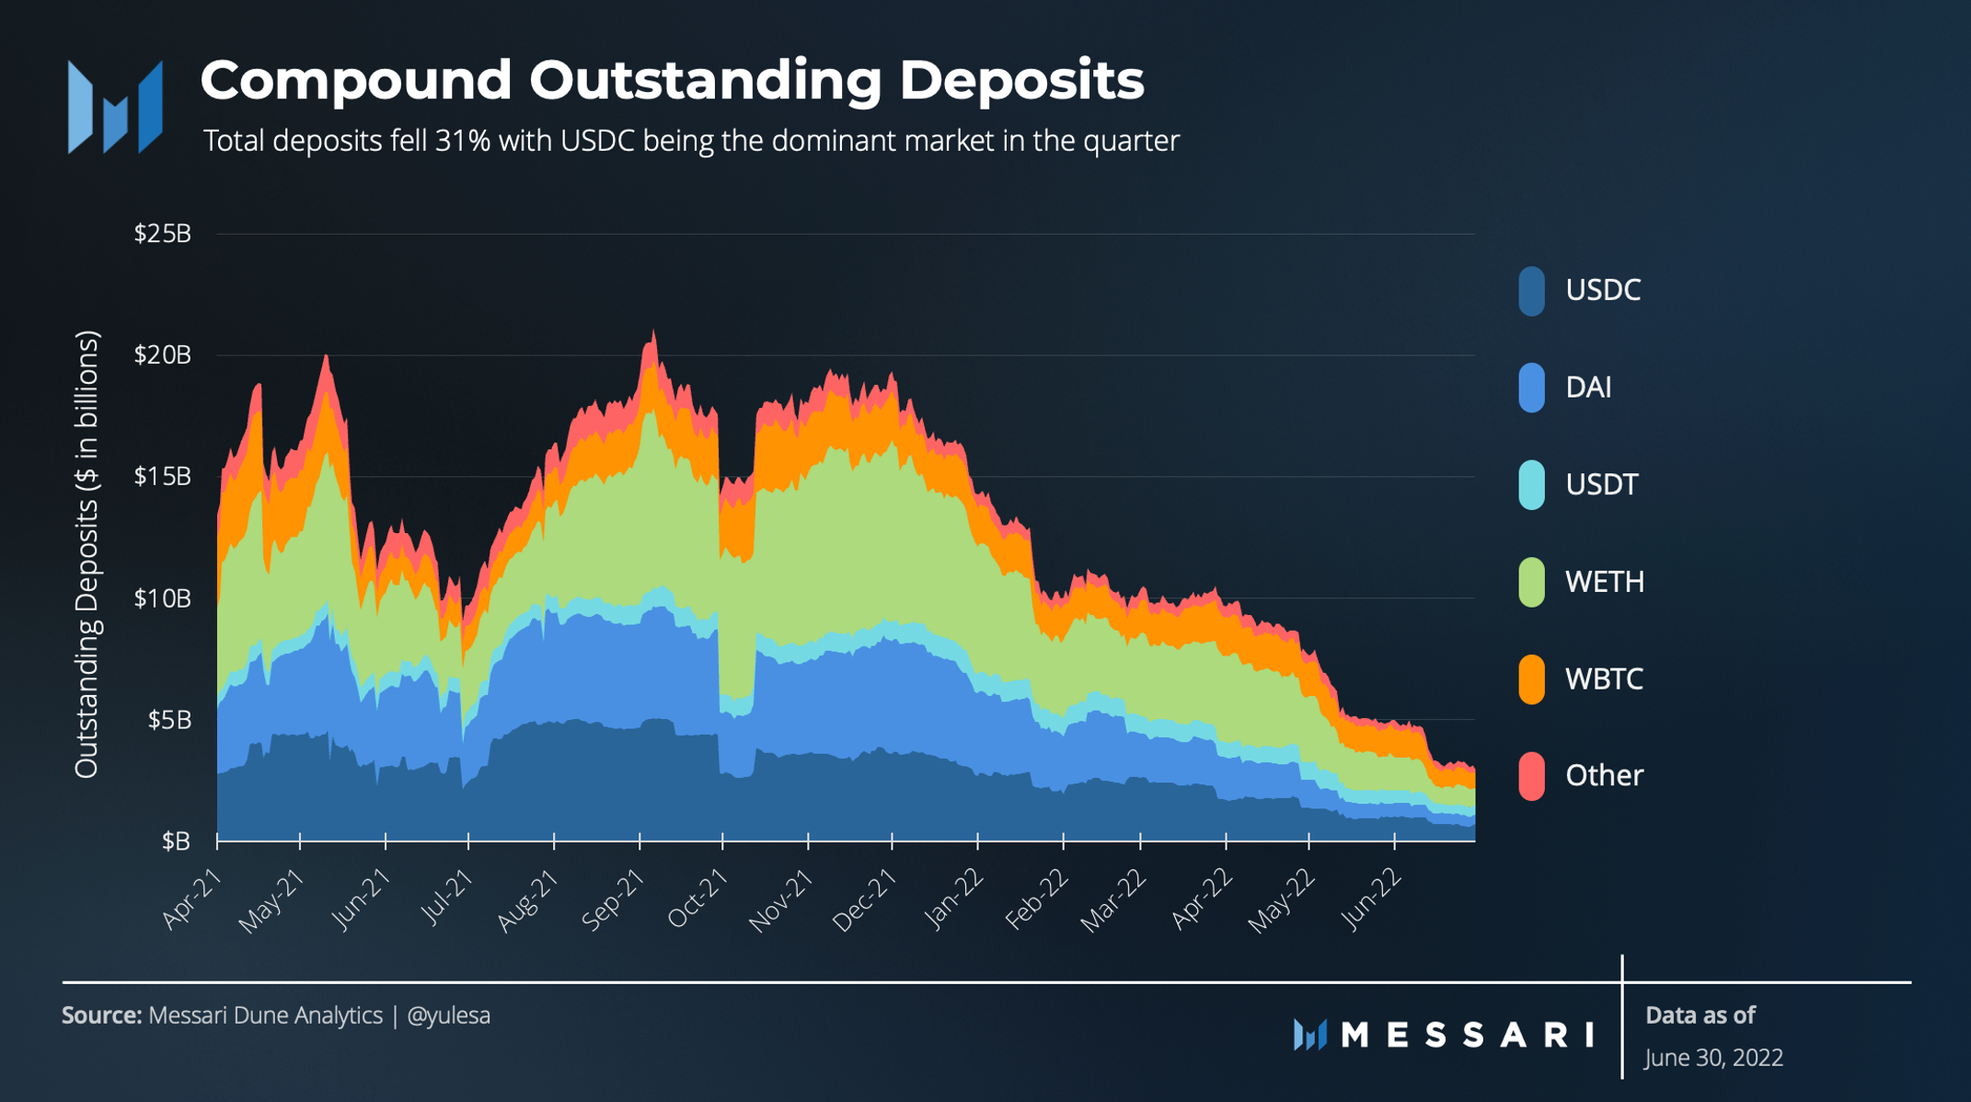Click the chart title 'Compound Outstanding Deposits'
[672, 80]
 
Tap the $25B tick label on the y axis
[163, 234]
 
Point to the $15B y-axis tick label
[163, 477]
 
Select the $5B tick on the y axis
[169, 720]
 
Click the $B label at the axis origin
[176, 841]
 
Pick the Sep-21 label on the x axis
[614, 900]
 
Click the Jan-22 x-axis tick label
[954, 900]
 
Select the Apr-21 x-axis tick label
[192, 900]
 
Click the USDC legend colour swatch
[1531, 291]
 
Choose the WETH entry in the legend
[1604, 582]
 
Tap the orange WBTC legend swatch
[1531, 679]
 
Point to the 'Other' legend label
[1604, 776]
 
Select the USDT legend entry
[1601, 485]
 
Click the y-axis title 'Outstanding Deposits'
[86, 554]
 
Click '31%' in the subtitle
[463, 141]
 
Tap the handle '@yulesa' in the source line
[448, 1015]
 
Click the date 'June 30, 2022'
[1713, 1058]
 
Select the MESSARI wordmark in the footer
[1467, 1035]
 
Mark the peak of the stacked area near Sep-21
[653, 331]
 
